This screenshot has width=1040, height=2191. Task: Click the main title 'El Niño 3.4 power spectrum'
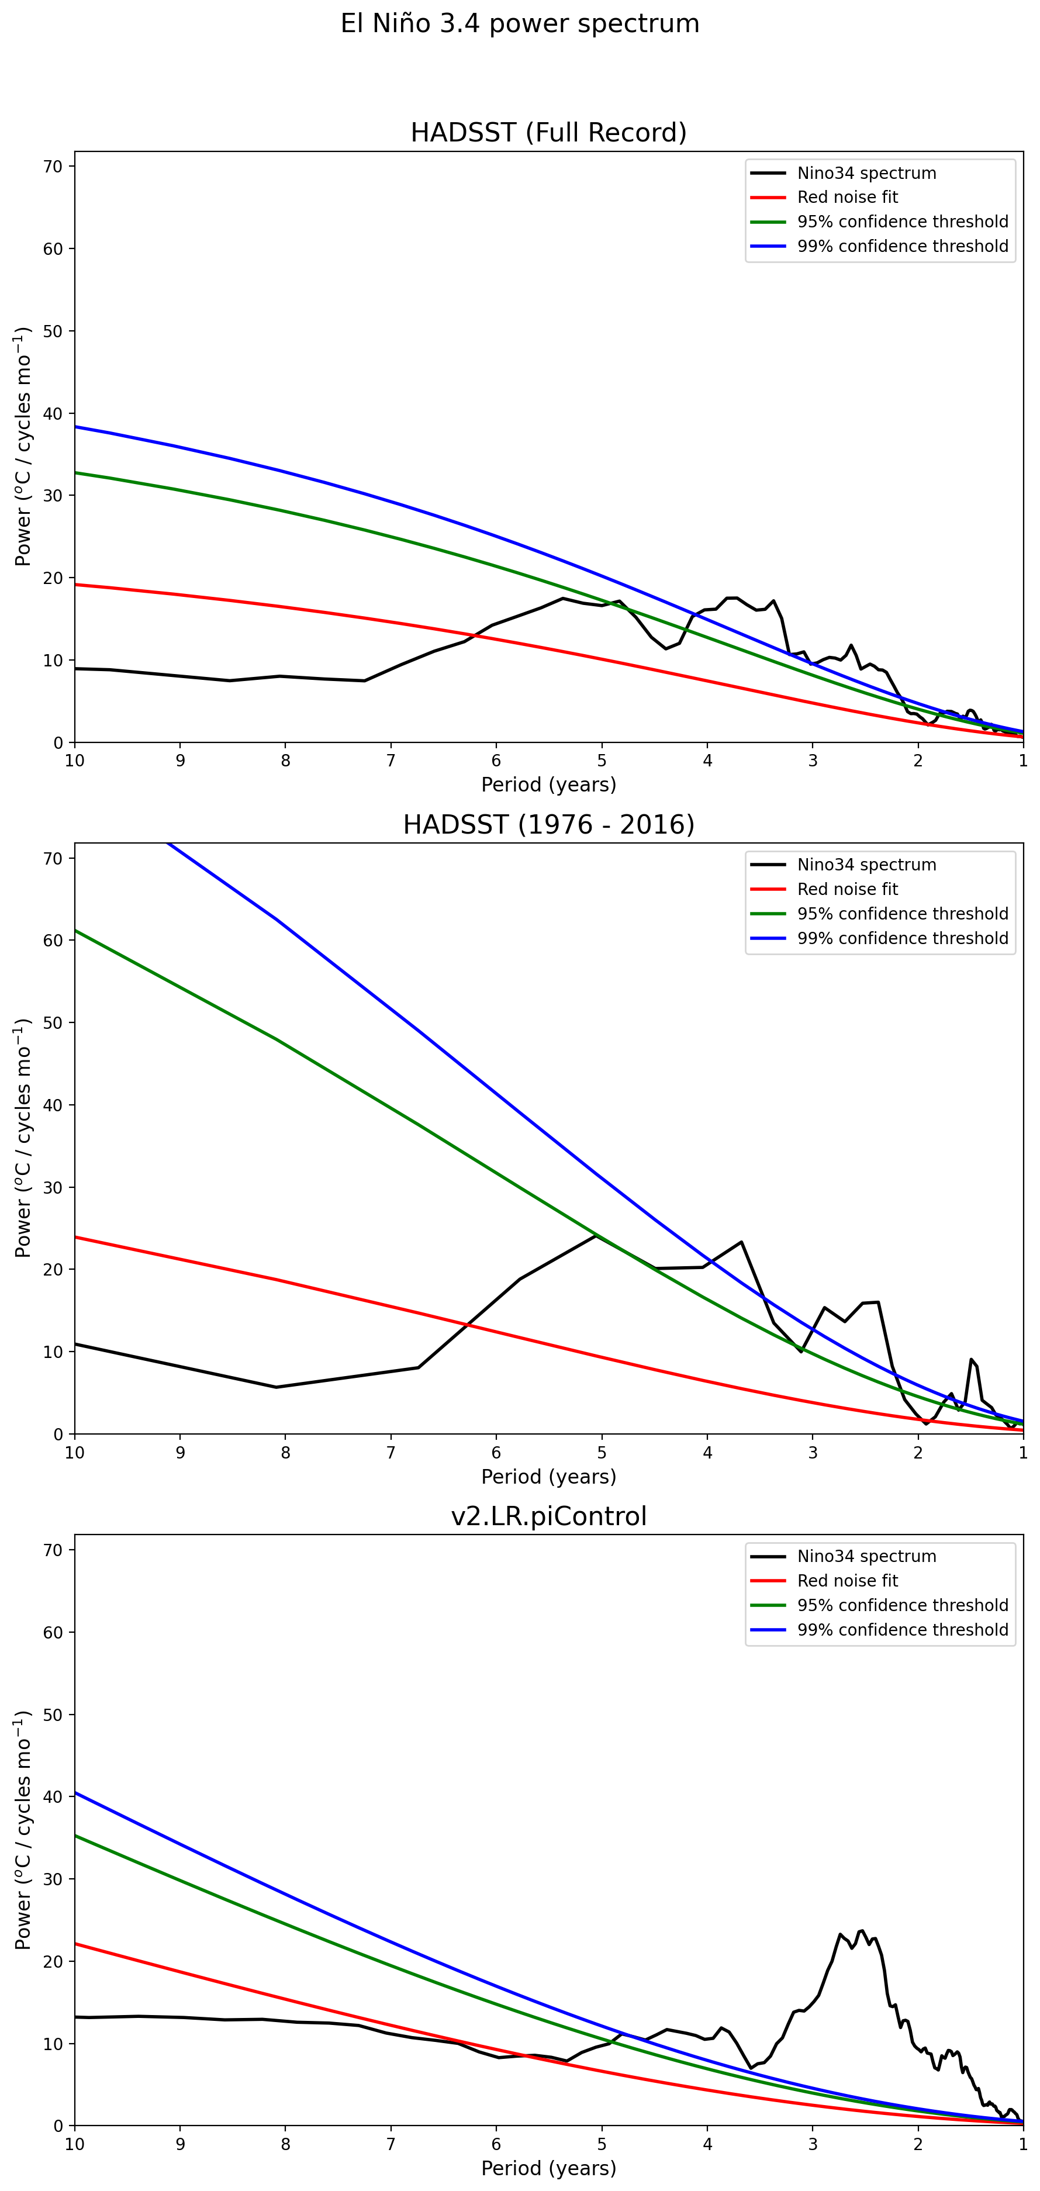click(520, 24)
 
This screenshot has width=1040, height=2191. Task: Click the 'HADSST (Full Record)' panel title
click(548, 133)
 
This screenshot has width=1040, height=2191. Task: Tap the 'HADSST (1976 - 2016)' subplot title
click(548, 824)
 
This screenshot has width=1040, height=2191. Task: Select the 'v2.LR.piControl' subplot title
click(548, 1516)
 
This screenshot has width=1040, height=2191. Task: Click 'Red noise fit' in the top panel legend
click(847, 198)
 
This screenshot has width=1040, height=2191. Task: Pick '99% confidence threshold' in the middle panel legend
click(902, 938)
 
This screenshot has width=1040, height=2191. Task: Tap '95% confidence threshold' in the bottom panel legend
click(902, 1605)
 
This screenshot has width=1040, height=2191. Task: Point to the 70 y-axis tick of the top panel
click(53, 167)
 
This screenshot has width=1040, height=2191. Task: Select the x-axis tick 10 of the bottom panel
click(75, 2144)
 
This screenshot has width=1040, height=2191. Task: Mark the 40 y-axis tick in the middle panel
click(53, 1105)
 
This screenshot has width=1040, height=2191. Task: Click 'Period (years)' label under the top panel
click(548, 784)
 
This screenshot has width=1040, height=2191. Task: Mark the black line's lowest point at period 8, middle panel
click(277, 1387)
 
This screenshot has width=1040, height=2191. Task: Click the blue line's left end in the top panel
click(75, 427)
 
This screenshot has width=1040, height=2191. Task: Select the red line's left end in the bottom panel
click(75, 1944)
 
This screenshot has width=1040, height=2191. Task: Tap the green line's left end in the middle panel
click(75, 931)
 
